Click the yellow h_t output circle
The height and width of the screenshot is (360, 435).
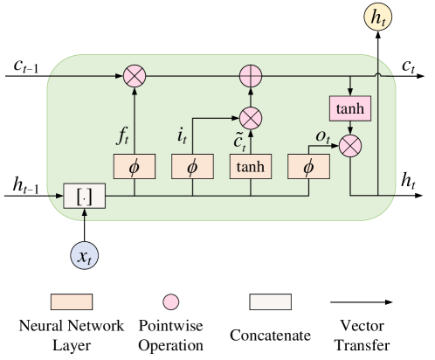point(378,18)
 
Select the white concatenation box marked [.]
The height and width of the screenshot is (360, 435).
point(84,197)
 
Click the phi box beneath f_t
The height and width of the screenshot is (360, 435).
point(134,166)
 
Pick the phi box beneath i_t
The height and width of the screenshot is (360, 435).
point(192,166)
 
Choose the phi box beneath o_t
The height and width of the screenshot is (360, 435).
point(308,166)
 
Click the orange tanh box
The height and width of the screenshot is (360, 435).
point(251,166)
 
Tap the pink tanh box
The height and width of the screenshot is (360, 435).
point(350,108)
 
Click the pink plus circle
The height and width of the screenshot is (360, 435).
point(251,76)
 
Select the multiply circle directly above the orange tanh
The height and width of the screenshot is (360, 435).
point(251,116)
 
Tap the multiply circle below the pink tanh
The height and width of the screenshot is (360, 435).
point(350,145)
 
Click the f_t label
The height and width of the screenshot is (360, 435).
point(122,135)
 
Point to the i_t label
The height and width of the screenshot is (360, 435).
point(182,135)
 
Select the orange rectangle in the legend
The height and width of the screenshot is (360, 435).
point(72,301)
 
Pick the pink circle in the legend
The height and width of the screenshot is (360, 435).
point(171,301)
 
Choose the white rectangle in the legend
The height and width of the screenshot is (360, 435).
point(270,301)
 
